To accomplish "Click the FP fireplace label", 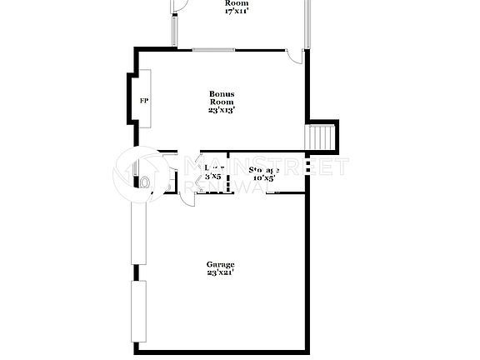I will click(x=144, y=101).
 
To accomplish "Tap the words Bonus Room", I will click(x=221, y=97).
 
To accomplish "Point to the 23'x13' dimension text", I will click(x=221, y=109).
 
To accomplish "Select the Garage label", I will click(x=221, y=264).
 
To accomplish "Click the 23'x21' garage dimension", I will click(x=221, y=272).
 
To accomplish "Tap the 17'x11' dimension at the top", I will click(x=237, y=11).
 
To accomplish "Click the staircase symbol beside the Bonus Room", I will click(x=322, y=136).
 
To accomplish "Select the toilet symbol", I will click(x=146, y=182).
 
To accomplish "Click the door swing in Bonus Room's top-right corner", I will click(x=294, y=56).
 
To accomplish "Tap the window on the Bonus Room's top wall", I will click(x=213, y=49).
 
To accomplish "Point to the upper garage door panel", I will click(x=137, y=233).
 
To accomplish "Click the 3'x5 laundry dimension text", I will click(x=213, y=177).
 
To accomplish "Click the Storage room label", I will click(x=265, y=169).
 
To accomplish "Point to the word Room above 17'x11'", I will click(x=237, y=3).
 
